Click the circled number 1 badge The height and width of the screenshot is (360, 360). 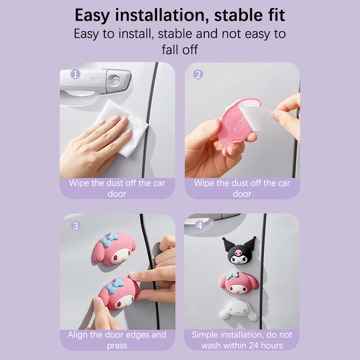(x=75, y=74)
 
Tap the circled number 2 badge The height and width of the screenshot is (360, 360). (x=198, y=74)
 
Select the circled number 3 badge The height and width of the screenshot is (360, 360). (x=76, y=226)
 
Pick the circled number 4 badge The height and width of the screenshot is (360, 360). (x=200, y=225)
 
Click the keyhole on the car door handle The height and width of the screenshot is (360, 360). (x=116, y=80)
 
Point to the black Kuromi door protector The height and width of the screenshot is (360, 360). (x=239, y=251)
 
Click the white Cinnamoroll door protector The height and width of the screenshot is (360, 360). (x=239, y=310)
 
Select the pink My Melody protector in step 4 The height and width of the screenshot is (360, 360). (x=239, y=283)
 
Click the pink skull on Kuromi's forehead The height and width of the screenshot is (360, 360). (x=238, y=253)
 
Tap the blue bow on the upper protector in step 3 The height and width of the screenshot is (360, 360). (x=110, y=239)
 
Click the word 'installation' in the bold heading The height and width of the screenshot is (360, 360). (x=162, y=15)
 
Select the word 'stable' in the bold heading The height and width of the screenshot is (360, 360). (x=238, y=15)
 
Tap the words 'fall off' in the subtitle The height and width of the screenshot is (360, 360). (x=180, y=49)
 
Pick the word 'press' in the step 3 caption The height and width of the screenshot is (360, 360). (x=117, y=346)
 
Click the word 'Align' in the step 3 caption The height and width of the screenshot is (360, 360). (x=77, y=335)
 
